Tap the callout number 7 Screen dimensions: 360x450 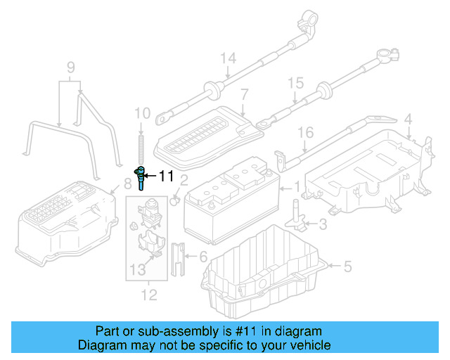[x=244, y=94]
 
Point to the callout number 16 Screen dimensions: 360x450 [x=304, y=133]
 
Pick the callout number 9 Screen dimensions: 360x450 [x=70, y=68]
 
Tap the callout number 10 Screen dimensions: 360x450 [x=142, y=112]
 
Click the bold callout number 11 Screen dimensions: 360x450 [x=166, y=176]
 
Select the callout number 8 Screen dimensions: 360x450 [x=127, y=184]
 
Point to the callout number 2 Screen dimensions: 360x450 [x=184, y=181]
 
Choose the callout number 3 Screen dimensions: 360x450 [x=322, y=225]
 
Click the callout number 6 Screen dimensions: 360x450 [x=203, y=258]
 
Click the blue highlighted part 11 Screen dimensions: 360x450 [x=142, y=177]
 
